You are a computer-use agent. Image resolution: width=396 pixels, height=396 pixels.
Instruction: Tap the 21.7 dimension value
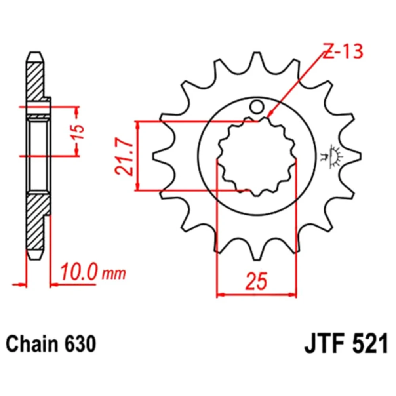click(x=124, y=156)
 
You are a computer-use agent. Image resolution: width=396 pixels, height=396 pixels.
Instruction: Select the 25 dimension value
click(x=256, y=281)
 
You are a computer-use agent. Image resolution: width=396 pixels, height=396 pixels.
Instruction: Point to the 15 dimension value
click(x=78, y=132)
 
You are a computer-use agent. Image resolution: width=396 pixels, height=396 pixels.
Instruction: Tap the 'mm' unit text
click(x=114, y=274)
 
